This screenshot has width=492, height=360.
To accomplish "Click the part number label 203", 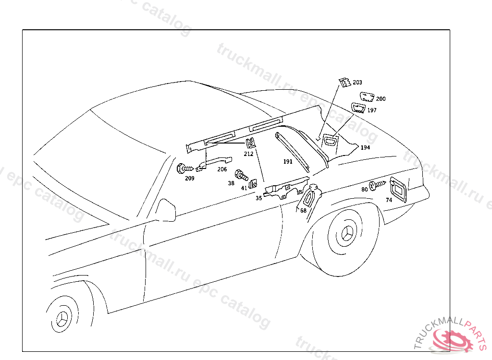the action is tap(357, 83).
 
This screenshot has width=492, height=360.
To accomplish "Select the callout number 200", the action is tap(381, 99).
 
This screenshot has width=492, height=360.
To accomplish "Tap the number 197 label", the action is tap(372, 110).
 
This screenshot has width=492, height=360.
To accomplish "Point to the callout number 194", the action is tap(365, 147).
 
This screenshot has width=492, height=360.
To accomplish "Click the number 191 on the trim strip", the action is tap(288, 162).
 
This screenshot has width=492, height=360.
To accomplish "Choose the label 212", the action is tap(248, 154).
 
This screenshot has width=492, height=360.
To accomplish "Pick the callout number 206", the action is tap(221, 169).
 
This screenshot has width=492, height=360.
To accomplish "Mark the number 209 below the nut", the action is tap(190, 179).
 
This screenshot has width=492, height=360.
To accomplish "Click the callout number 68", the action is tap(303, 210).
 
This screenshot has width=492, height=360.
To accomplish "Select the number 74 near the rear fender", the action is tap(389, 199).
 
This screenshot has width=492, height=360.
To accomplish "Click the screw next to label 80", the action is tap(378, 184).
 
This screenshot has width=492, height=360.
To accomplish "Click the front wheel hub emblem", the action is tap(62, 318).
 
